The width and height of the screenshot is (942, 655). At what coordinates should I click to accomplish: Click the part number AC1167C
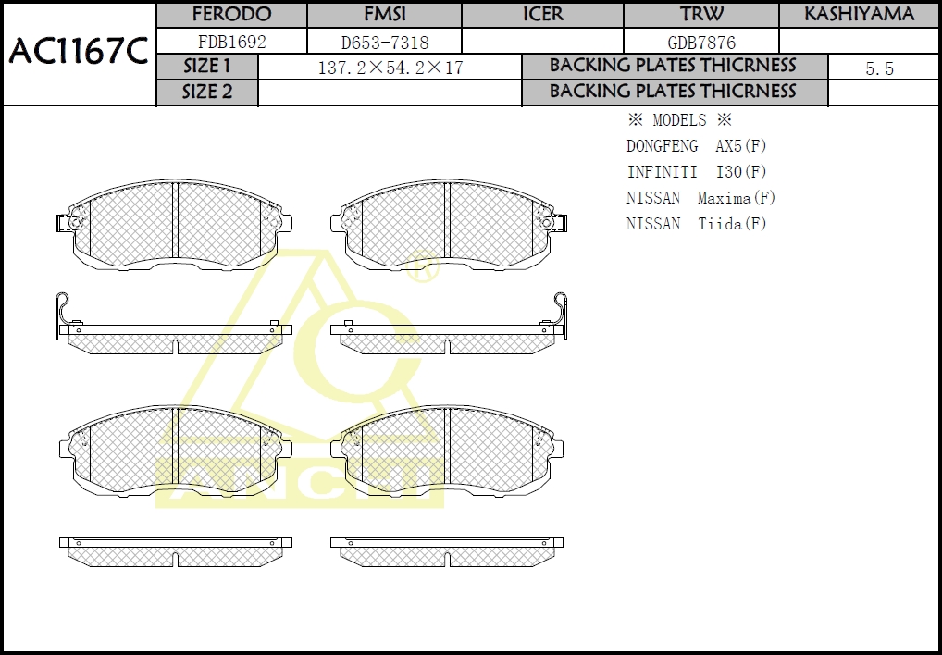[78, 52]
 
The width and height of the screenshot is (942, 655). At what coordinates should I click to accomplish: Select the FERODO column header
[231, 14]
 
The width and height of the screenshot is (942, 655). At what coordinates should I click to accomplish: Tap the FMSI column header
[385, 14]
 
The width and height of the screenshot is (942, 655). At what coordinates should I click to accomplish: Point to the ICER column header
[542, 14]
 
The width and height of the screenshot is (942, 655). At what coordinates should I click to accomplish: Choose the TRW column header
[701, 14]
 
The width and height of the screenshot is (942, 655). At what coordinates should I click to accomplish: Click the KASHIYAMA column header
[859, 14]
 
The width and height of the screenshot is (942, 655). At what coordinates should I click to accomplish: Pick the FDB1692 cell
[232, 42]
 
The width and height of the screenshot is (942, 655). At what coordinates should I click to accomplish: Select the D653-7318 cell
[385, 43]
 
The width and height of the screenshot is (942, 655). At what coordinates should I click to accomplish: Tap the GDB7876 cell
[701, 43]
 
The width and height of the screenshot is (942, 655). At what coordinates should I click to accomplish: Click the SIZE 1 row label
[206, 66]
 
